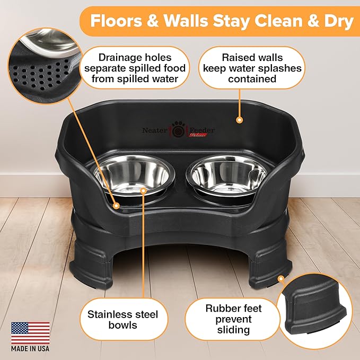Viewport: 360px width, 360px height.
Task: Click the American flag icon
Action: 30,333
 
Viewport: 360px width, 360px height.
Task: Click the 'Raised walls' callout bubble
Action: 252,68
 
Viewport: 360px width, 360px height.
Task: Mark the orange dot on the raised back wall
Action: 239,120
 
